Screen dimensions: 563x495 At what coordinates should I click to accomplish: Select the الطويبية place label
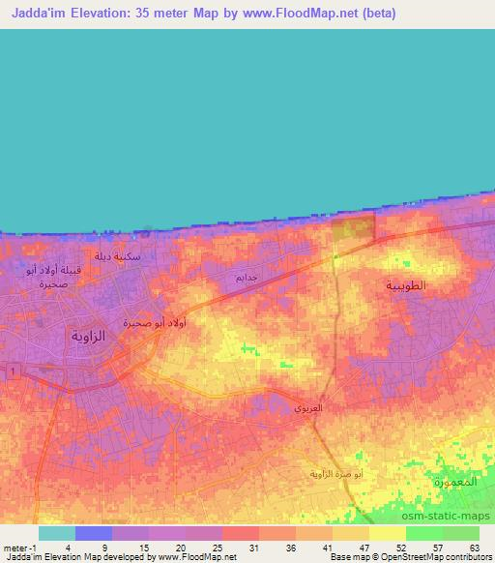pyautogui.click(x=406, y=286)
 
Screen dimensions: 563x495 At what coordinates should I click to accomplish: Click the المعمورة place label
pyautogui.click(x=456, y=481)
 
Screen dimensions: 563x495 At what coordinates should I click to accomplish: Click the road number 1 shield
pyautogui.click(x=12, y=370)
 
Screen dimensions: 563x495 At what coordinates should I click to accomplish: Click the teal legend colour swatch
pyautogui.click(x=57, y=533)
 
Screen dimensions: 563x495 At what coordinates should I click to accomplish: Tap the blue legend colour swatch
pyautogui.click(x=94, y=533)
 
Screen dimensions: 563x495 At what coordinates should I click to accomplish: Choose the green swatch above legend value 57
pyautogui.click(x=423, y=533)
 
